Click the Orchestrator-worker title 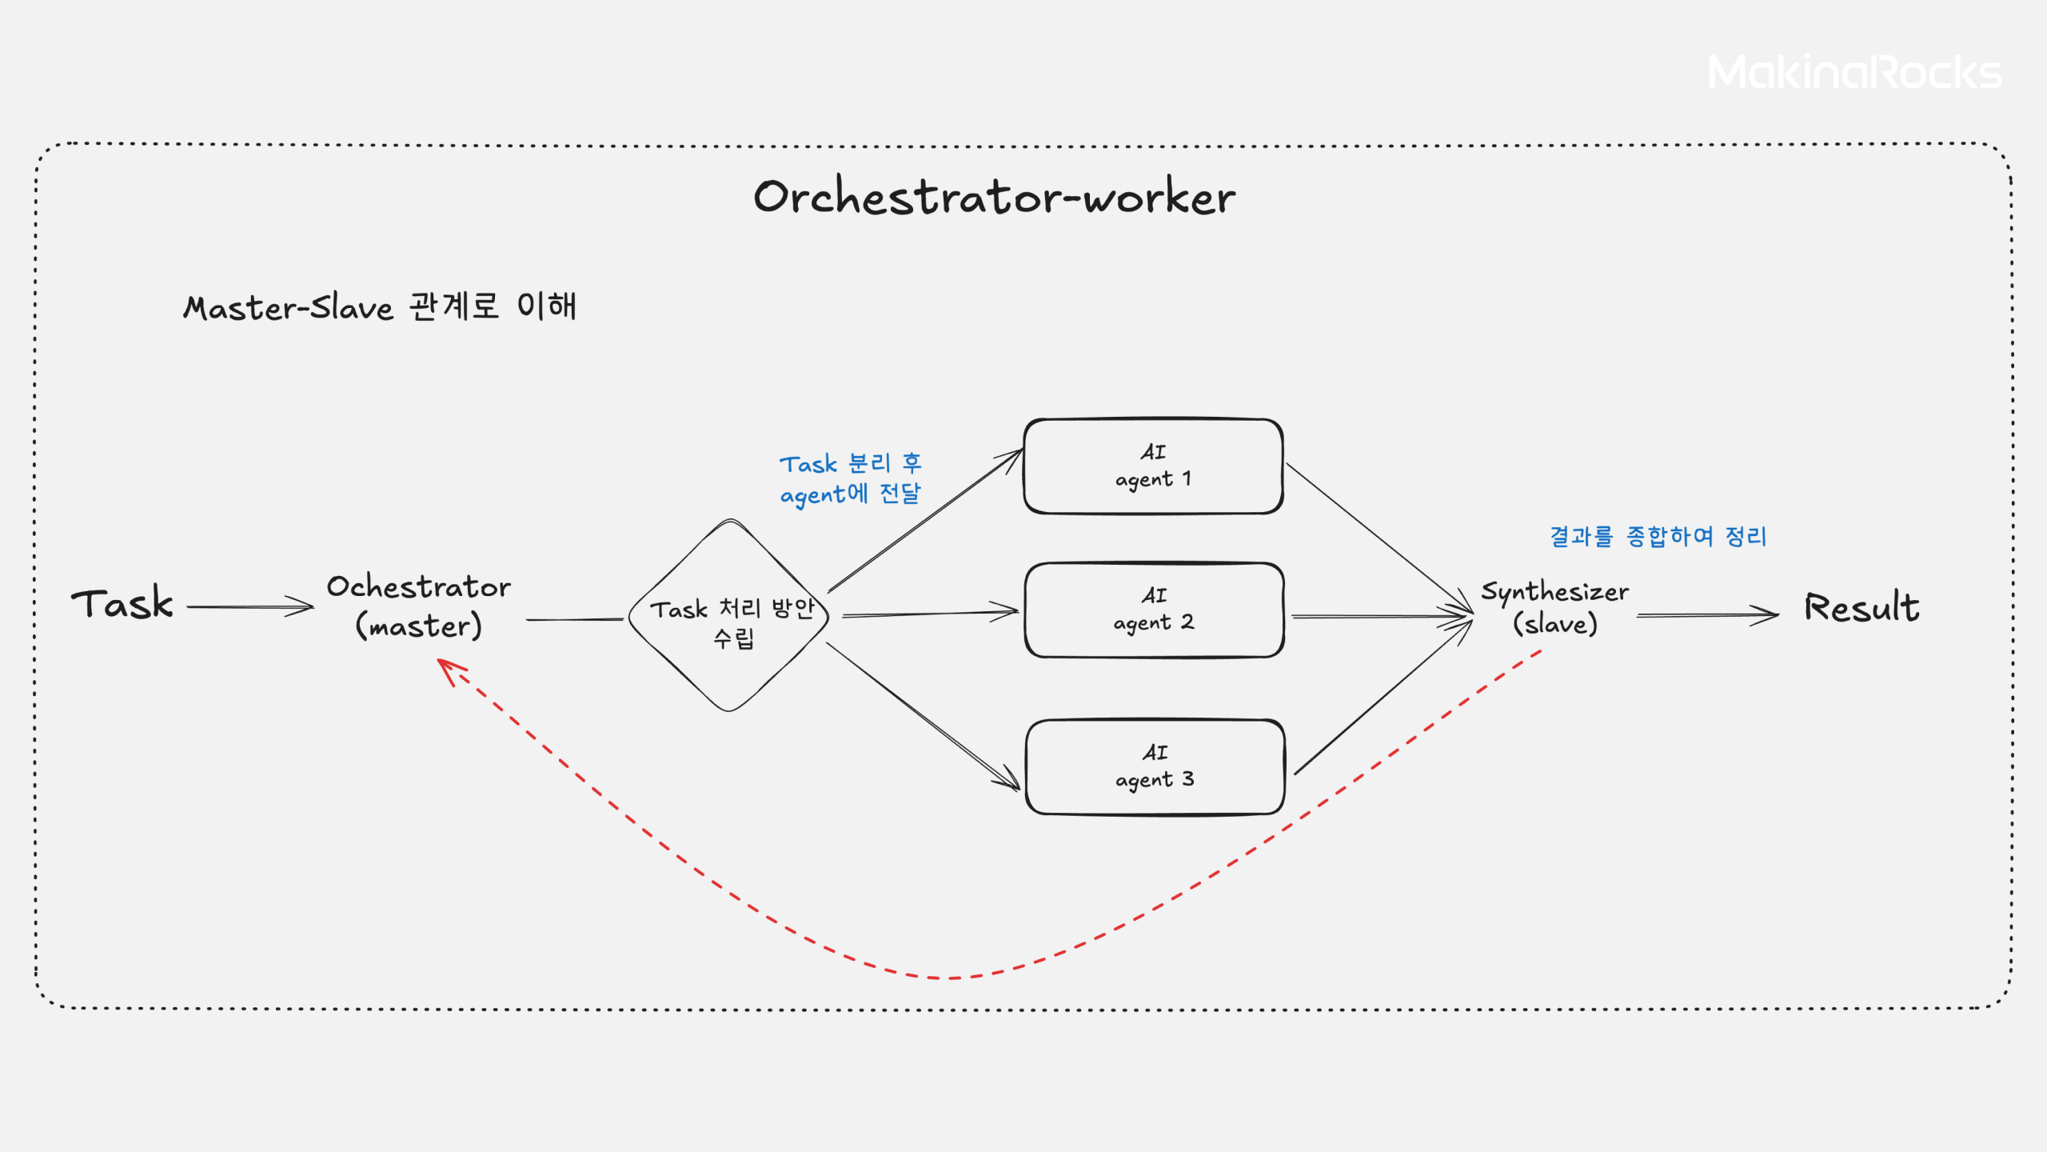click(994, 197)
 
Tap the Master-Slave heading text click(380, 306)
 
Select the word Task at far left click(122, 603)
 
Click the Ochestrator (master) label click(418, 606)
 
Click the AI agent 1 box click(1153, 466)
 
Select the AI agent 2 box click(1153, 610)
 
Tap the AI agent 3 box click(1155, 766)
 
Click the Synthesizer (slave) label click(1554, 607)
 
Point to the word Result click(1861, 607)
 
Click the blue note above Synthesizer click(1658, 536)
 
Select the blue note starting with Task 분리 click(851, 478)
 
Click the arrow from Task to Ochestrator click(249, 606)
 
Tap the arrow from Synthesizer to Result click(1706, 615)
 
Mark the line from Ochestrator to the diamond click(574, 619)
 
